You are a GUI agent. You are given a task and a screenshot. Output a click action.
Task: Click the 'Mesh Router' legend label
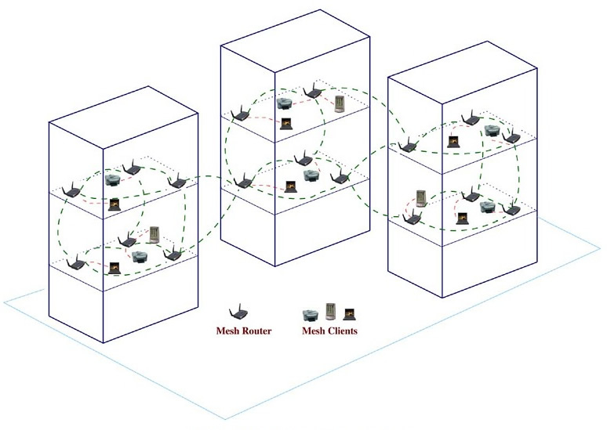click(243, 331)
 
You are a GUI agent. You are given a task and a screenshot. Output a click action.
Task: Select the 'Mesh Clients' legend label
click(329, 331)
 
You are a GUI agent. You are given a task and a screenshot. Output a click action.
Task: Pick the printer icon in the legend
click(311, 313)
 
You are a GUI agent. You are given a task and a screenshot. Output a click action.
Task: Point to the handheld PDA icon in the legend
click(330, 313)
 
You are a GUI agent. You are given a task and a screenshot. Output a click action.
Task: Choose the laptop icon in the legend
click(347, 314)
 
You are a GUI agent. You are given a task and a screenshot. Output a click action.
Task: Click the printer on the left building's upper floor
click(113, 179)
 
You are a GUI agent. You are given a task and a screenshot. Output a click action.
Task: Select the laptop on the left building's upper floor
click(115, 204)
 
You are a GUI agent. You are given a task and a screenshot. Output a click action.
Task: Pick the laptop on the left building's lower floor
click(114, 267)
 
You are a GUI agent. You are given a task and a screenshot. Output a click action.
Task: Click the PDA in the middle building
click(340, 104)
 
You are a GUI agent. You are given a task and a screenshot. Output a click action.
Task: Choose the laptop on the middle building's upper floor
click(286, 123)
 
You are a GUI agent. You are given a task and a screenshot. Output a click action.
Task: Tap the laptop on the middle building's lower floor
click(292, 186)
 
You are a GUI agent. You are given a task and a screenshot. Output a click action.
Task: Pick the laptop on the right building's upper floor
click(453, 142)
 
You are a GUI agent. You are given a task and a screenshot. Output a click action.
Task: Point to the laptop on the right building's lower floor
click(463, 216)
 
